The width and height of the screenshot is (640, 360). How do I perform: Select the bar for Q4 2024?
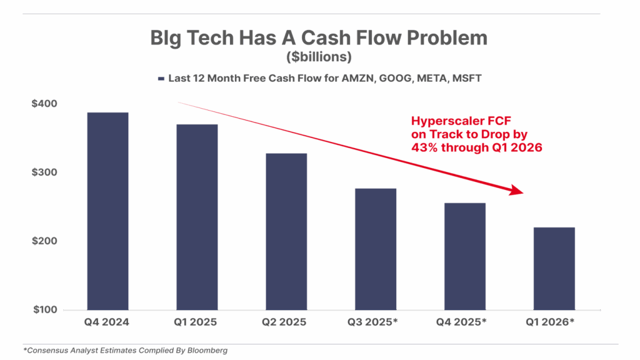(x=107, y=211)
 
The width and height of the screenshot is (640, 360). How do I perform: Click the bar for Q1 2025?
(x=197, y=217)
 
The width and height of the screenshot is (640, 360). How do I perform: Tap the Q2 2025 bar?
(x=286, y=231)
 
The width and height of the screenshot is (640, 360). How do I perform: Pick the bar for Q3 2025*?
(x=376, y=249)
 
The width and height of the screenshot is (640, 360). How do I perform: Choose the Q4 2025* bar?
(x=465, y=256)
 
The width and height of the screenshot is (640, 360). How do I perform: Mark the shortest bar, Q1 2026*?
(x=554, y=268)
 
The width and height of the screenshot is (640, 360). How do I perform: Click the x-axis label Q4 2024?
(x=107, y=322)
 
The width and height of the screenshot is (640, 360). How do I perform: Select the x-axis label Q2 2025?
(x=286, y=322)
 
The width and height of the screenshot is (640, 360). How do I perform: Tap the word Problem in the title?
(x=447, y=38)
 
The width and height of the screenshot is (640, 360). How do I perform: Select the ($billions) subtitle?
(x=319, y=57)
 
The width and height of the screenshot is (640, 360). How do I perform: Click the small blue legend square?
(x=161, y=79)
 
